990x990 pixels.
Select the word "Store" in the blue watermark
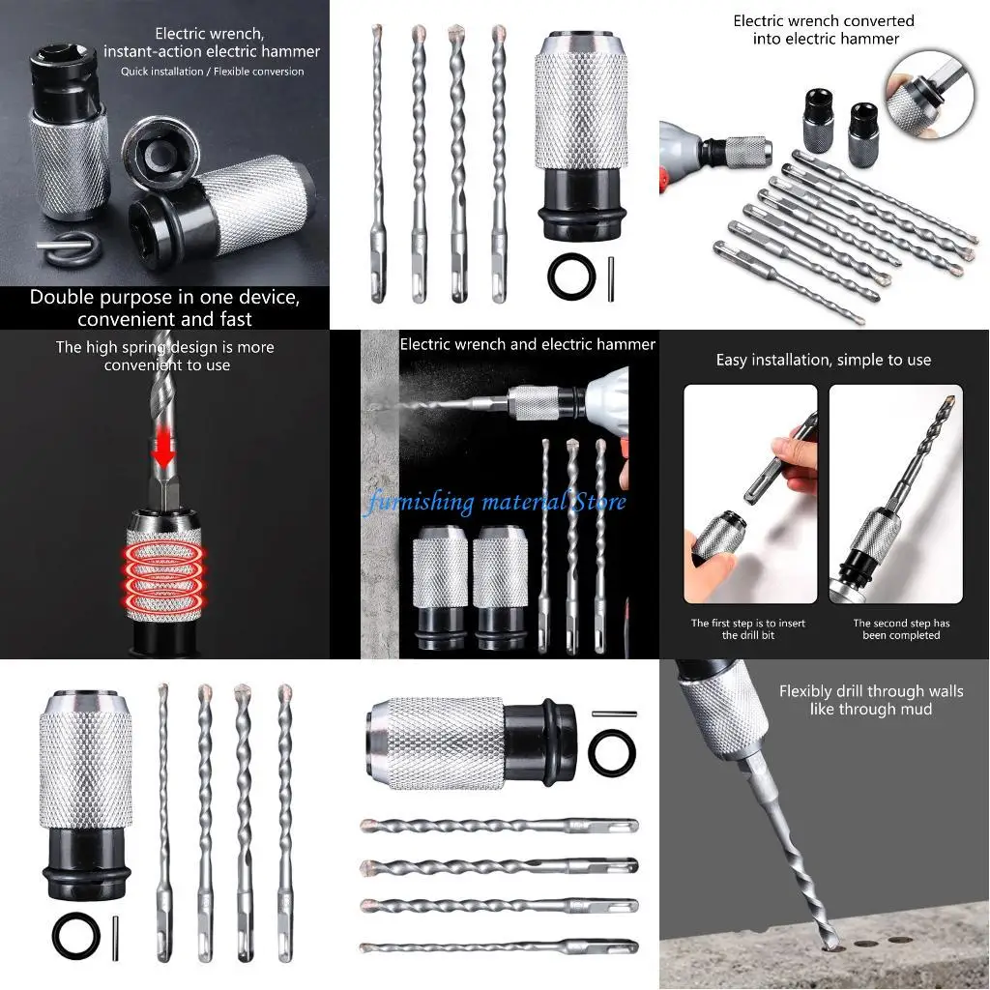[601, 502]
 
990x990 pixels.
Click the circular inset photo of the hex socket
[930, 92]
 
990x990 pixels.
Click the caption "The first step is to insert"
[747, 624]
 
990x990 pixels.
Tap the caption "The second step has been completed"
[901, 629]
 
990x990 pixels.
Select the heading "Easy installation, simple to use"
[823, 360]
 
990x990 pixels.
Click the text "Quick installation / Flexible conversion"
[212, 72]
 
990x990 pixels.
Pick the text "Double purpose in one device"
[164, 297]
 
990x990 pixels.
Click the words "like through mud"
[871, 710]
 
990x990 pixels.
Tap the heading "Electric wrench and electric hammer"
[527, 344]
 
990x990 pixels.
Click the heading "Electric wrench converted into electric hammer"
[823, 30]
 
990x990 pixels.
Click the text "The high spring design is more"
[164, 347]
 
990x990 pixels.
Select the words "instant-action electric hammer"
[212, 51]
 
